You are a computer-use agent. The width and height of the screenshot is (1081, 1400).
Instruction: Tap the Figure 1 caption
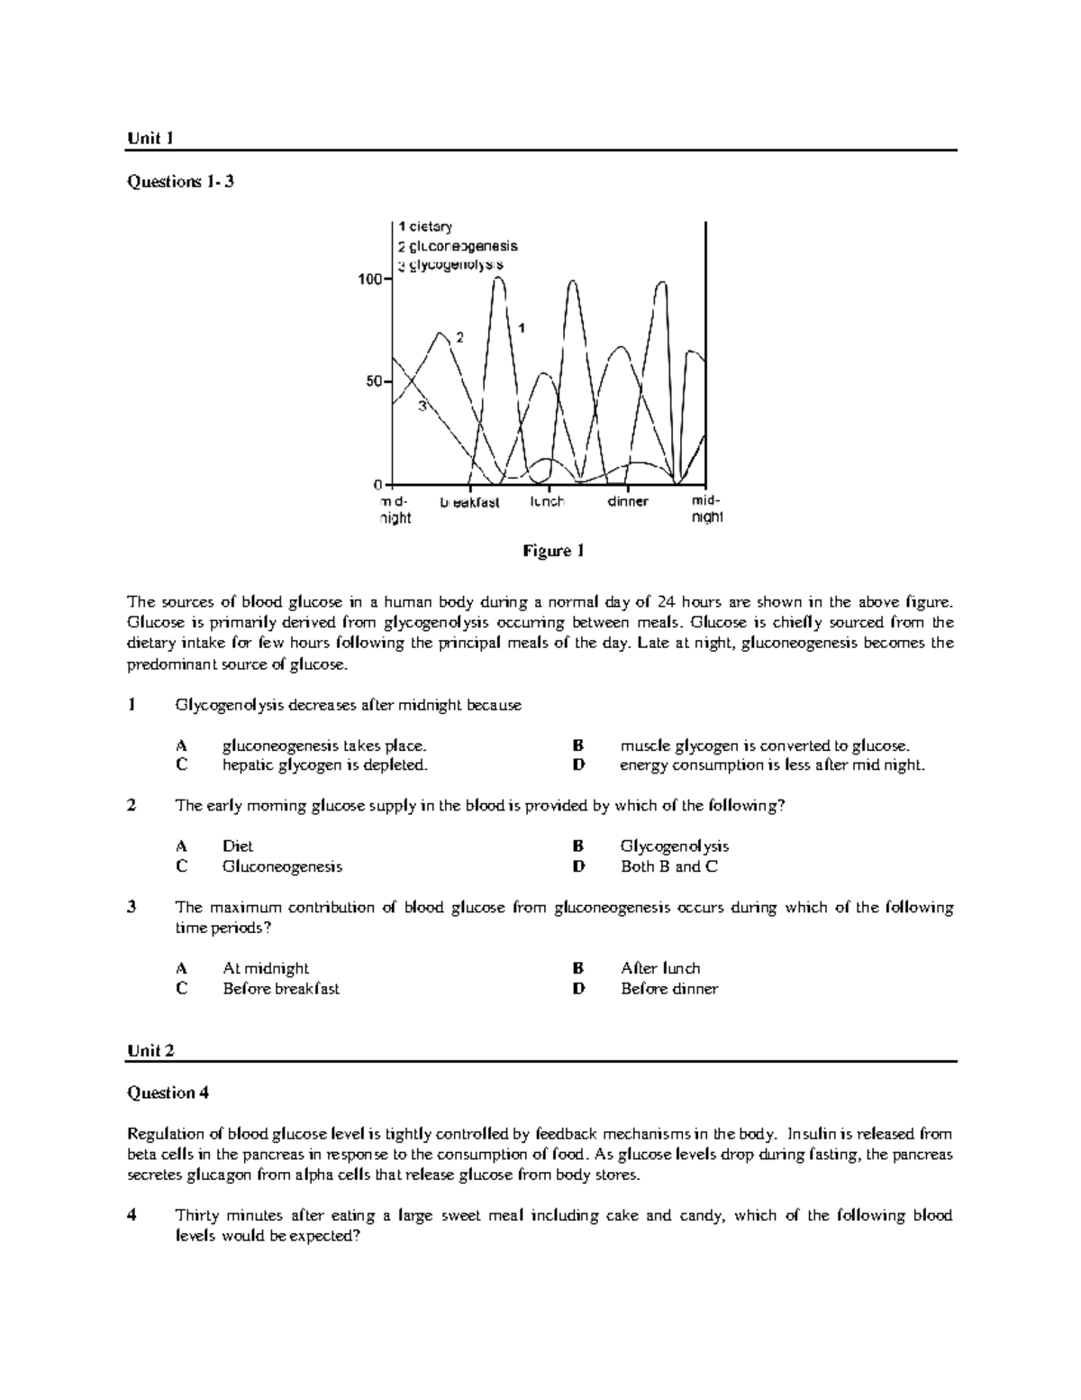554,551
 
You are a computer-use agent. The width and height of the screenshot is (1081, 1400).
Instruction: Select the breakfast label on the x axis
469,502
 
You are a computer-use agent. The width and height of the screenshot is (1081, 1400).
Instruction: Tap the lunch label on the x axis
548,501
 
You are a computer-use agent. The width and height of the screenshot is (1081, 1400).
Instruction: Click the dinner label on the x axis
628,501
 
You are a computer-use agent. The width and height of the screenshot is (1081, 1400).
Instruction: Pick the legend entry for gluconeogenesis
458,246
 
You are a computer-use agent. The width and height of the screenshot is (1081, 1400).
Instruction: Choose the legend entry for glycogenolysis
450,265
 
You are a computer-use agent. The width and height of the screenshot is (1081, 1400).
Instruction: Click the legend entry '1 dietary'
425,227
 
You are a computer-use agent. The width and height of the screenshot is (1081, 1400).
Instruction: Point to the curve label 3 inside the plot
421,407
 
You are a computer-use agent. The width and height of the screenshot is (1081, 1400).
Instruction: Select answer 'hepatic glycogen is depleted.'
324,765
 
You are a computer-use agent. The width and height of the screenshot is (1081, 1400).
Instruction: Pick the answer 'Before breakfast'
280,988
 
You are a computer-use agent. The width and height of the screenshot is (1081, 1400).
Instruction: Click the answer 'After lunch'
659,968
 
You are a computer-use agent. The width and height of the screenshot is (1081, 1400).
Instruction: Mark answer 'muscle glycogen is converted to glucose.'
765,746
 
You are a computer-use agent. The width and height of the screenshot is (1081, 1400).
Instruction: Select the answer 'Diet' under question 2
238,846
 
